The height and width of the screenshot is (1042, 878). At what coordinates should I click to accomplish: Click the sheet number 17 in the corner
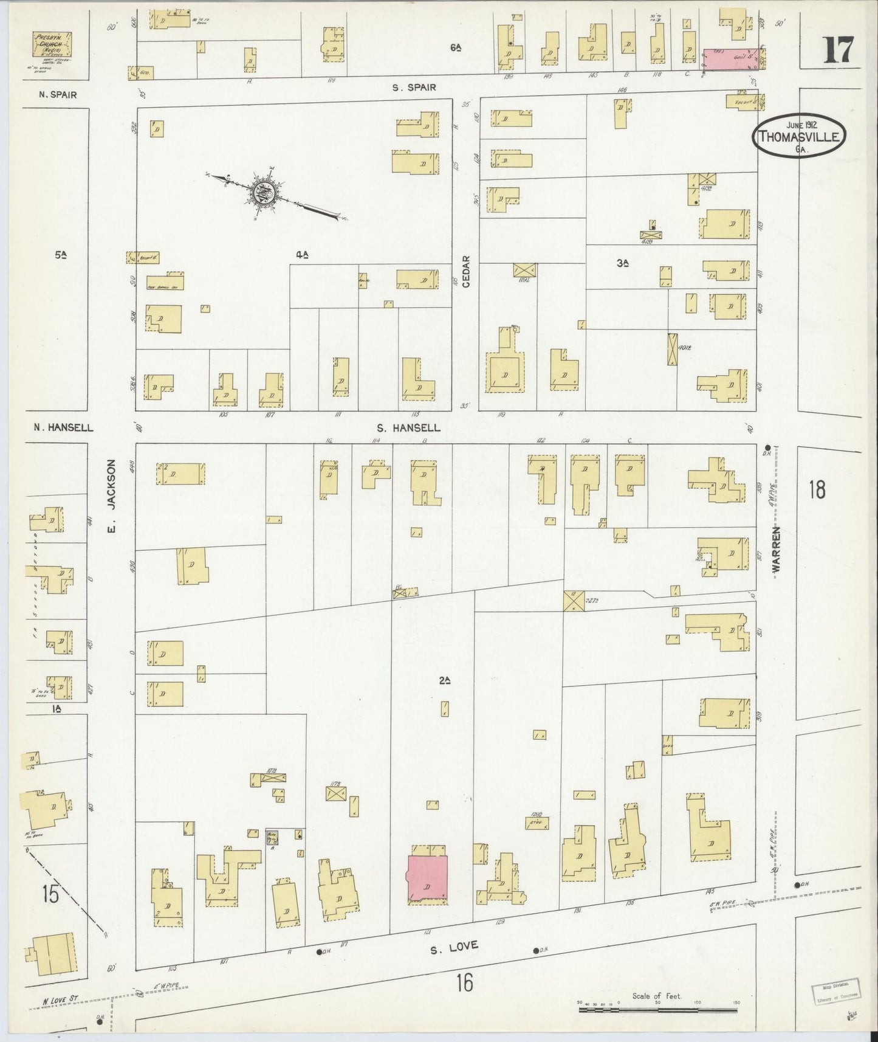[839, 50]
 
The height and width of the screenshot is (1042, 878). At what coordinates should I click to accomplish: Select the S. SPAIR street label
[414, 88]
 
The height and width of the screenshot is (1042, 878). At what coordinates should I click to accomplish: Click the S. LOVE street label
[454, 946]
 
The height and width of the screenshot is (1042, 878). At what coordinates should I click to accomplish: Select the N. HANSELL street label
[63, 427]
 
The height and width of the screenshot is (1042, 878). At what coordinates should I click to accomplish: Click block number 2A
[444, 681]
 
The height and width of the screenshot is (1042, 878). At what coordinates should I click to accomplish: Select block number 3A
[622, 263]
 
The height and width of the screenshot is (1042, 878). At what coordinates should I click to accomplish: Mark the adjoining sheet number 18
[817, 489]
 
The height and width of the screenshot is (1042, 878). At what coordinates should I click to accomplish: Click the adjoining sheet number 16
[465, 982]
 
